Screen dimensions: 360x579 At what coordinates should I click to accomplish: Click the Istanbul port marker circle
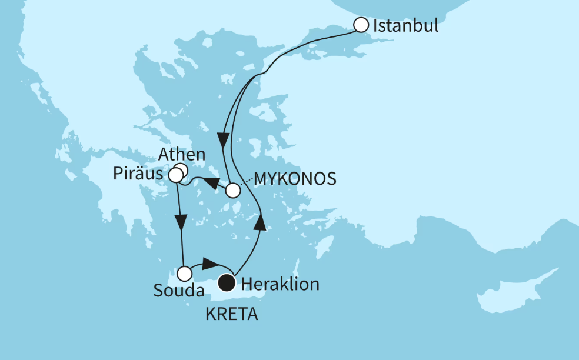coord(361,25)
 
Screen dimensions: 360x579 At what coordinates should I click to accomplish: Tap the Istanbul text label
coord(405,26)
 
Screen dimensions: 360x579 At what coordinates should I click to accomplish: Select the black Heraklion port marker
coord(227,284)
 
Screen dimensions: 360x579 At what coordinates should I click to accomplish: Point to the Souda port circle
coord(185,274)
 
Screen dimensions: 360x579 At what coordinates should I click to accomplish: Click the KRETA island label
coord(232,314)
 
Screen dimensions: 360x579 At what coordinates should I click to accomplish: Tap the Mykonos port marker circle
coord(233,191)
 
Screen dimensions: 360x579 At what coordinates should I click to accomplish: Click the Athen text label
coord(182,155)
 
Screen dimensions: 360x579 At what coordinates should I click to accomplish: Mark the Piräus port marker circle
coord(175,175)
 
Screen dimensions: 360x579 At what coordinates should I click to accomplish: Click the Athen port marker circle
coord(181,171)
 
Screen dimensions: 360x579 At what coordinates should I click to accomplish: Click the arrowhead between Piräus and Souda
coord(181,224)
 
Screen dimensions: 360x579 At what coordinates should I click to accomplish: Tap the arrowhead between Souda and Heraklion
coord(209,262)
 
